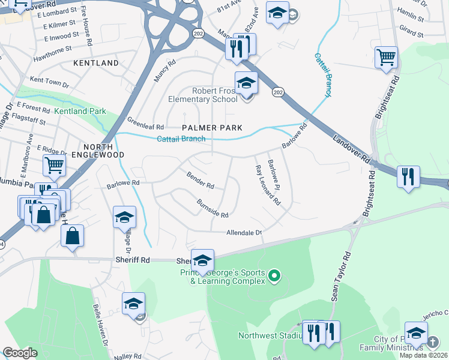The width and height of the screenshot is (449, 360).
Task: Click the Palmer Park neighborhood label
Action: click(x=212, y=128)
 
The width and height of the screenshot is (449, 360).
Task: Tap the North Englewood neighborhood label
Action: click(x=98, y=150)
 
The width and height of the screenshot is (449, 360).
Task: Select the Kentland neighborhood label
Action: click(x=96, y=63)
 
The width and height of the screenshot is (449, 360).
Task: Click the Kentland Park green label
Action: click(x=80, y=111)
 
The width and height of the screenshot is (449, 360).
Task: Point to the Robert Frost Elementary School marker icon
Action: click(x=246, y=84)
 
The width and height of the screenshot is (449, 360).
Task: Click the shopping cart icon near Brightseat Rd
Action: click(x=387, y=58)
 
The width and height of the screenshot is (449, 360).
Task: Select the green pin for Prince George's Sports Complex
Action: click(x=274, y=276)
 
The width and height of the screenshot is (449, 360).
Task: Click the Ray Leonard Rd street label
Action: click(x=268, y=185)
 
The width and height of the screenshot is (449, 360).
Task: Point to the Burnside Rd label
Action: click(x=212, y=208)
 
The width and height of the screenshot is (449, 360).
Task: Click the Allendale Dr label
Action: click(x=244, y=233)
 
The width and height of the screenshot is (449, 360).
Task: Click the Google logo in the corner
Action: click(x=20, y=353)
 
